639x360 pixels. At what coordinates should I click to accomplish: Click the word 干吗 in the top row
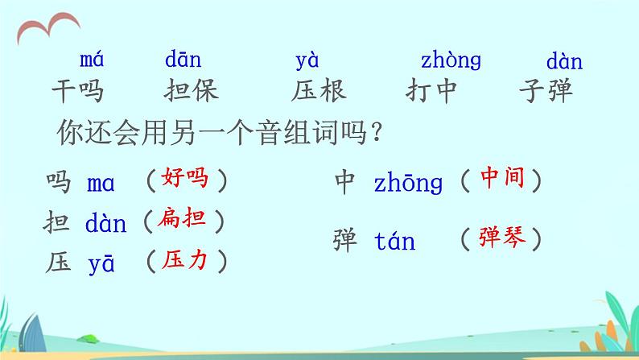78,91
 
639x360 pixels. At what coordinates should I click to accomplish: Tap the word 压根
319,91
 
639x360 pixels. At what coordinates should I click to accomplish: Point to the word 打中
431,91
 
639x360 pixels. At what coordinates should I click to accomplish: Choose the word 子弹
547,91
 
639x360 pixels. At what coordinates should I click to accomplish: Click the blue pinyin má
92,60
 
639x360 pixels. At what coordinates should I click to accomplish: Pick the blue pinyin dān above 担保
183,60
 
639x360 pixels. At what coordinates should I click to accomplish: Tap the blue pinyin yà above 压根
307,60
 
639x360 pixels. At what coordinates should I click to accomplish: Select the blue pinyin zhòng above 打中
451,61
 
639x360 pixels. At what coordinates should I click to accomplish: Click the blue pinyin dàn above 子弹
564,61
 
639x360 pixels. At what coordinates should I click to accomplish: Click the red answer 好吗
184,178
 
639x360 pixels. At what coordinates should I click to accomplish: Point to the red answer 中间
501,178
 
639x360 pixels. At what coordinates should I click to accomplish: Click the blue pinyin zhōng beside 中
409,184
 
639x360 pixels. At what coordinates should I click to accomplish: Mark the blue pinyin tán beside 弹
395,241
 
